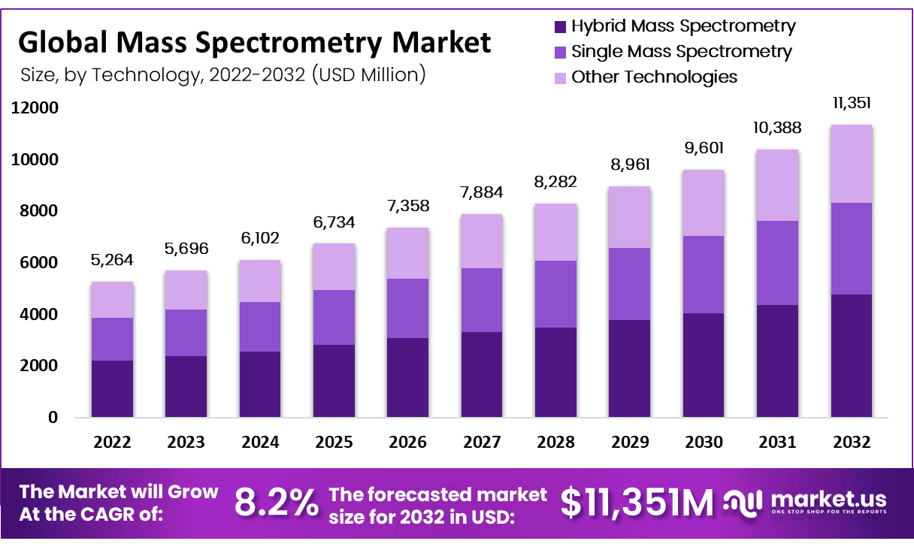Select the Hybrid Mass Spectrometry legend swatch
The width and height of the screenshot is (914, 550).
pyautogui.click(x=559, y=27)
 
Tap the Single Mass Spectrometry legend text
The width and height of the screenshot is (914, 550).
pyautogui.click(x=681, y=52)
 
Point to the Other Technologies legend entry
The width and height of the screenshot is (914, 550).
pyautogui.click(x=654, y=77)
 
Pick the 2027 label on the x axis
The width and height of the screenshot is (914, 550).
pyautogui.click(x=482, y=443)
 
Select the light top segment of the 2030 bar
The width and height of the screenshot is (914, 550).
pyautogui.click(x=704, y=203)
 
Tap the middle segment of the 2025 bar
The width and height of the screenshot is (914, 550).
pyautogui.click(x=334, y=317)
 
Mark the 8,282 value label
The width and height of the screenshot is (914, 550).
pyautogui.click(x=556, y=182)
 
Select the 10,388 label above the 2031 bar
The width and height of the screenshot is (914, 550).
pyautogui.click(x=778, y=128)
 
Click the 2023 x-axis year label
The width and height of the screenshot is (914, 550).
pyautogui.click(x=186, y=443)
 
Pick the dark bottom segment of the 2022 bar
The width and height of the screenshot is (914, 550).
pyautogui.click(x=112, y=388)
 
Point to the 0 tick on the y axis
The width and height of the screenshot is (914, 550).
pyautogui.click(x=53, y=417)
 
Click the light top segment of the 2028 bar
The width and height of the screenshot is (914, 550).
pyautogui.click(x=556, y=232)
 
